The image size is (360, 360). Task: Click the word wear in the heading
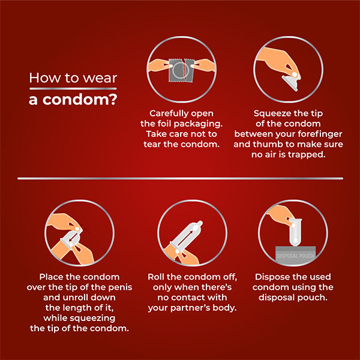pos(102,78)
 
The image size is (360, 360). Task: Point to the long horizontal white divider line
pos(180,178)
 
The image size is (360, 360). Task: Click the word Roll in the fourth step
pos(158,277)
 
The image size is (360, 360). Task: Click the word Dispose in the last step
pos(274,277)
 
